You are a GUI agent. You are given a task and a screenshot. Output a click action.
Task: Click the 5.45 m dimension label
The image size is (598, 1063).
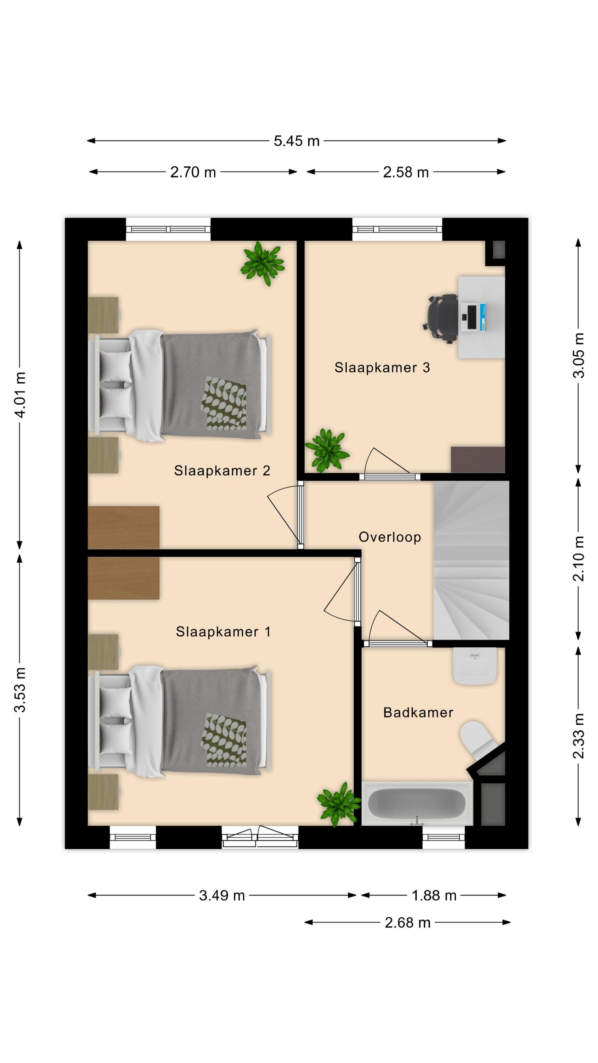click(297, 141)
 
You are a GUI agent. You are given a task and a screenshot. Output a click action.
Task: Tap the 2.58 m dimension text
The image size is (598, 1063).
click(406, 172)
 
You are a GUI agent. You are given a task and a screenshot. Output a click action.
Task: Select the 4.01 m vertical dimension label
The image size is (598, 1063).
click(20, 394)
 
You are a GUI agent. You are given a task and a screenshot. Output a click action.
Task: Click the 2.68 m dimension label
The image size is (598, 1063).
click(407, 922)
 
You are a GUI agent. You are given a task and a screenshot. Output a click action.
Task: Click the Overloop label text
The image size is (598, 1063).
click(390, 537)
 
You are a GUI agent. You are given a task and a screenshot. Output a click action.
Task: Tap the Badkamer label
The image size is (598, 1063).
click(418, 712)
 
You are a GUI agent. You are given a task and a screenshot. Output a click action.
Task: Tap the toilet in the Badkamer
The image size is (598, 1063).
click(480, 741)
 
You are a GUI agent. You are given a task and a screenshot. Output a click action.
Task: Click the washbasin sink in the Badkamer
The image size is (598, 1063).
click(475, 666)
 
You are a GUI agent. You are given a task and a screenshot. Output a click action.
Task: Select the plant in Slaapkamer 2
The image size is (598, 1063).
click(263, 263)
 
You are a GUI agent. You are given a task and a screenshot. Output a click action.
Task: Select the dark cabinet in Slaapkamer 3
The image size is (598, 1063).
click(478, 459)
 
